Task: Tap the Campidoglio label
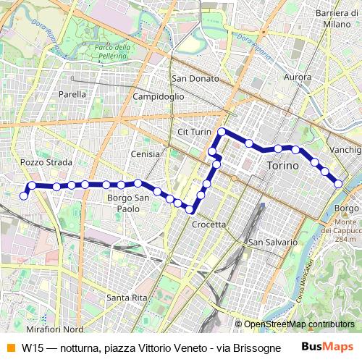[x=160, y=96]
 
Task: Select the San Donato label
[x=190, y=78]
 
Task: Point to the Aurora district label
[x=298, y=77]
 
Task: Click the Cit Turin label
[x=193, y=132]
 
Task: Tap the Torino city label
[x=282, y=167]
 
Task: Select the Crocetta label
[x=209, y=224]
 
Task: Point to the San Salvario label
[x=272, y=242]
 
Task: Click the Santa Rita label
[x=127, y=298]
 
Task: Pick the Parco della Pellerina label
[x=112, y=52]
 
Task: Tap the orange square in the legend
[x=10, y=348]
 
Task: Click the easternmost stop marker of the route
[x=338, y=184]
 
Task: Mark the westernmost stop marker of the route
[x=24, y=195]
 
